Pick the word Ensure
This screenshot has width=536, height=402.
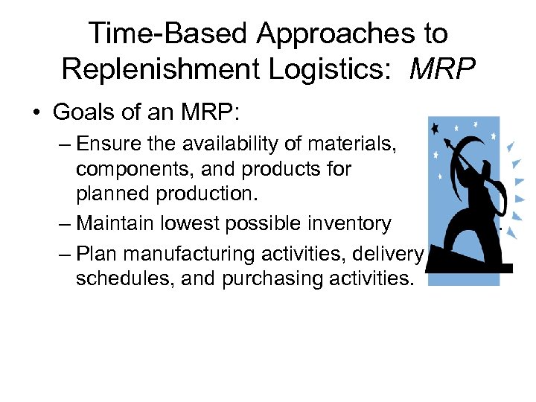(x=110, y=143)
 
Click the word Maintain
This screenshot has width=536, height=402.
(x=119, y=223)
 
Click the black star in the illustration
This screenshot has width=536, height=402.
(x=435, y=127)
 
